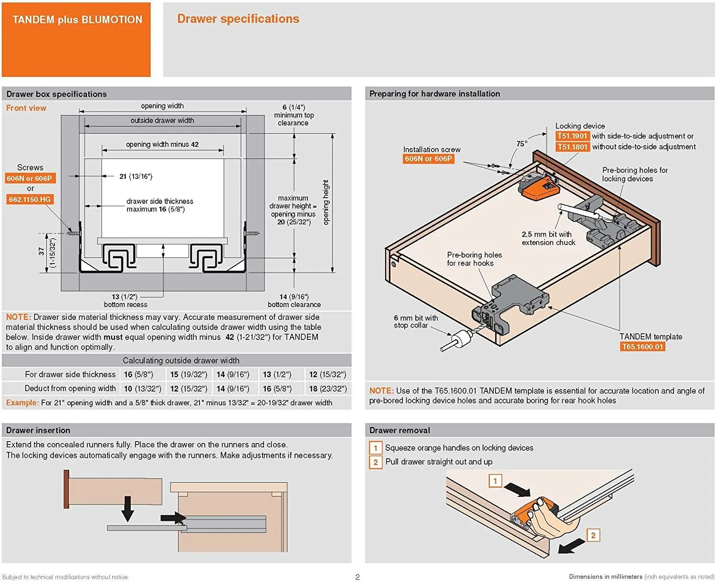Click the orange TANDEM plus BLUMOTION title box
click(76, 39)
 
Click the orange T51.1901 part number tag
click(572, 136)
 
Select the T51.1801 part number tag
click(572, 147)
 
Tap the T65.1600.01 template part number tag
click(642, 347)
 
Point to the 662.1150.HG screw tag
click(30, 199)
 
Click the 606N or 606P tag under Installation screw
click(428, 159)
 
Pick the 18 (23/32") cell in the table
click(327, 389)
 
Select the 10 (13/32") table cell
click(142, 389)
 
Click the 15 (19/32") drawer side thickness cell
click(189, 375)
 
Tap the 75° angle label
click(522, 144)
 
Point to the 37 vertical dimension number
click(42, 251)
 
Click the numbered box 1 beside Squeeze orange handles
click(375, 448)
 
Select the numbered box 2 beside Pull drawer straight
click(375, 462)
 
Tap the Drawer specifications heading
click(238, 19)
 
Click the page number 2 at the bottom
click(358, 577)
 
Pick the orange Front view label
click(26, 108)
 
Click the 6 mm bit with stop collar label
click(415, 321)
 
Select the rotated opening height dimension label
click(326, 202)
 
